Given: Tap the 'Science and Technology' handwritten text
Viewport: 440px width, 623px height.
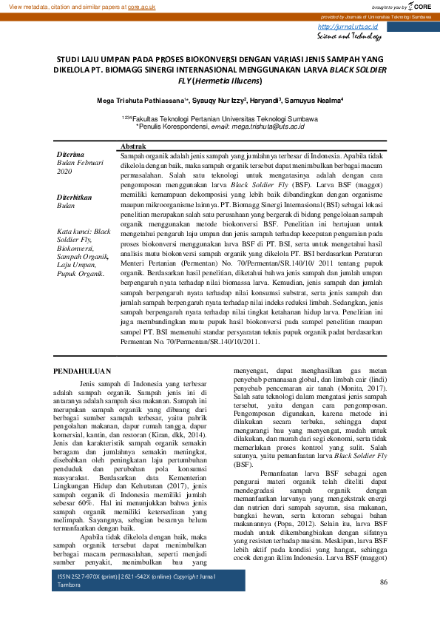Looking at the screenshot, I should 349,36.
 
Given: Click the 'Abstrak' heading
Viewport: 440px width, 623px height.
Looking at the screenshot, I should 132,148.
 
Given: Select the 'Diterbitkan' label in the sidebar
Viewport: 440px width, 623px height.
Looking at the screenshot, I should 74,198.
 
